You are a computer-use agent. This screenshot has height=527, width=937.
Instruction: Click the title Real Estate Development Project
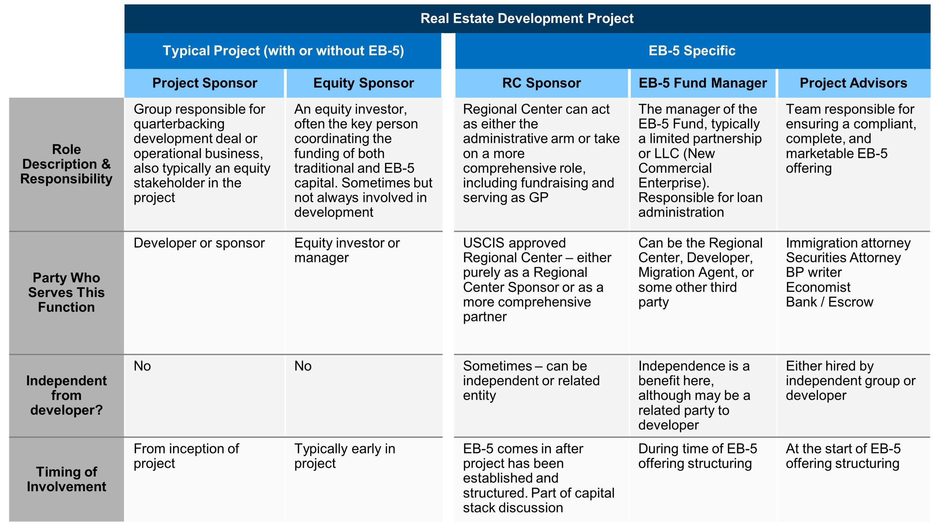click(527, 18)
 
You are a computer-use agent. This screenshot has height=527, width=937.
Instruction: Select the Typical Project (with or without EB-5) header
click(283, 50)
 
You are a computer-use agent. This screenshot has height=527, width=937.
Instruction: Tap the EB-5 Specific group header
click(692, 50)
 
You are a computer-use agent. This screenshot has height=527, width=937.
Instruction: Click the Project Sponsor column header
click(205, 83)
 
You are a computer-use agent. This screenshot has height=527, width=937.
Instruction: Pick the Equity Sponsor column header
click(364, 83)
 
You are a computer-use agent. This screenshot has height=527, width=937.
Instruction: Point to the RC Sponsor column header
click(542, 83)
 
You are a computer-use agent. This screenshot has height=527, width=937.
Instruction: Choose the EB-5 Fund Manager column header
click(703, 83)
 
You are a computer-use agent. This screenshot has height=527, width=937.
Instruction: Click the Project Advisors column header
click(853, 83)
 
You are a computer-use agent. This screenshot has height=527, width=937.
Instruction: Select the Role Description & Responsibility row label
click(66, 164)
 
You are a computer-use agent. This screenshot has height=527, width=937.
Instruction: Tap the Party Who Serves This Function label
click(66, 292)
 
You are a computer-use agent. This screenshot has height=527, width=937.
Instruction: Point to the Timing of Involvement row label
click(66, 479)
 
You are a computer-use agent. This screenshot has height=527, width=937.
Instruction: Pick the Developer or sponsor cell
click(199, 243)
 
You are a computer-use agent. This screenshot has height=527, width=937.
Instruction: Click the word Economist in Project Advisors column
click(818, 287)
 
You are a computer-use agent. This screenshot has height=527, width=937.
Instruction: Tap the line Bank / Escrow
click(829, 302)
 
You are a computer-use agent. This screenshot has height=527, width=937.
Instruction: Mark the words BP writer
click(814, 272)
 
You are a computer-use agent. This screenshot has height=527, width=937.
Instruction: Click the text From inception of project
click(186, 456)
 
